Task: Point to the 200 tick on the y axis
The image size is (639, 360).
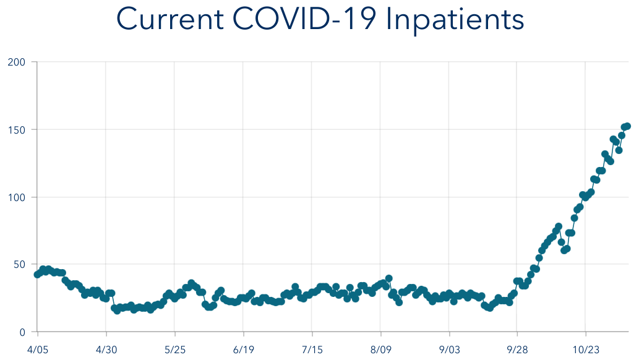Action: [17, 62]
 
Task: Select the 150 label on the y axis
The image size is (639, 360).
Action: [17, 129]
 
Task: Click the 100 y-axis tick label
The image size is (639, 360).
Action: [17, 197]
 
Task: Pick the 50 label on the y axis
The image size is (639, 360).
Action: [19, 264]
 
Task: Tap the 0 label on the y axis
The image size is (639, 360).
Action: [22, 332]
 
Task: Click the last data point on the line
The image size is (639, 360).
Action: [627, 126]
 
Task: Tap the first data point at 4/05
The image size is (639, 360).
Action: [37, 274]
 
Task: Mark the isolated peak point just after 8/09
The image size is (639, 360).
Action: [389, 278]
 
